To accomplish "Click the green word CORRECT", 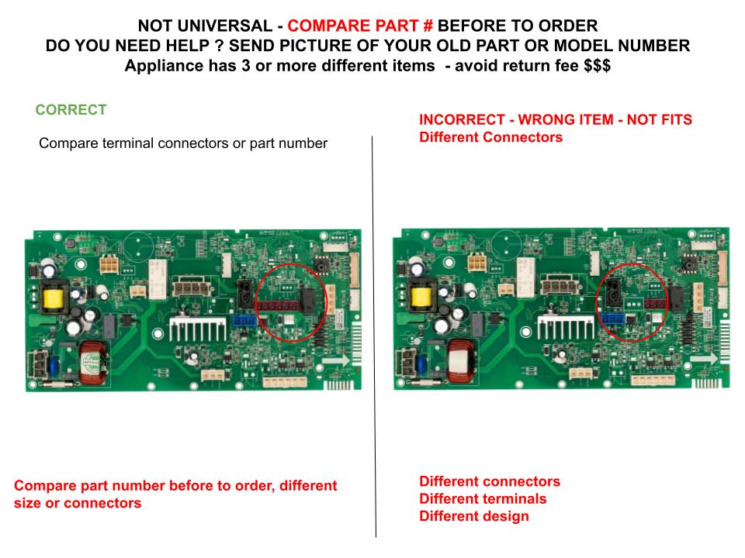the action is point(71,109).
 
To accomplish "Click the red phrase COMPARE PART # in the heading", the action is point(360,26).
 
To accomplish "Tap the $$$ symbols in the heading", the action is point(598,65).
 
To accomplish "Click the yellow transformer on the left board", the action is point(54,298).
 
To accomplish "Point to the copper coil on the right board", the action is point(460,361).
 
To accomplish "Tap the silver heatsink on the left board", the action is point(198,329).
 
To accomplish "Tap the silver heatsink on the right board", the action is point(566,327).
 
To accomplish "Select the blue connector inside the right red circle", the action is point(612,319).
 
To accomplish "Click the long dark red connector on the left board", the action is point(279,305).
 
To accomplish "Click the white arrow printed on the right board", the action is point(704,359).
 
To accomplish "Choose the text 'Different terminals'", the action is point(483,498).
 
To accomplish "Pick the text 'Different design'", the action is point(473,516).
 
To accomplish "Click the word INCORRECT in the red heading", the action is point(462,119).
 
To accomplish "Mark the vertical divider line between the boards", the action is point(374,337).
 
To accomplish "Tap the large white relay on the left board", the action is point(158,280).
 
